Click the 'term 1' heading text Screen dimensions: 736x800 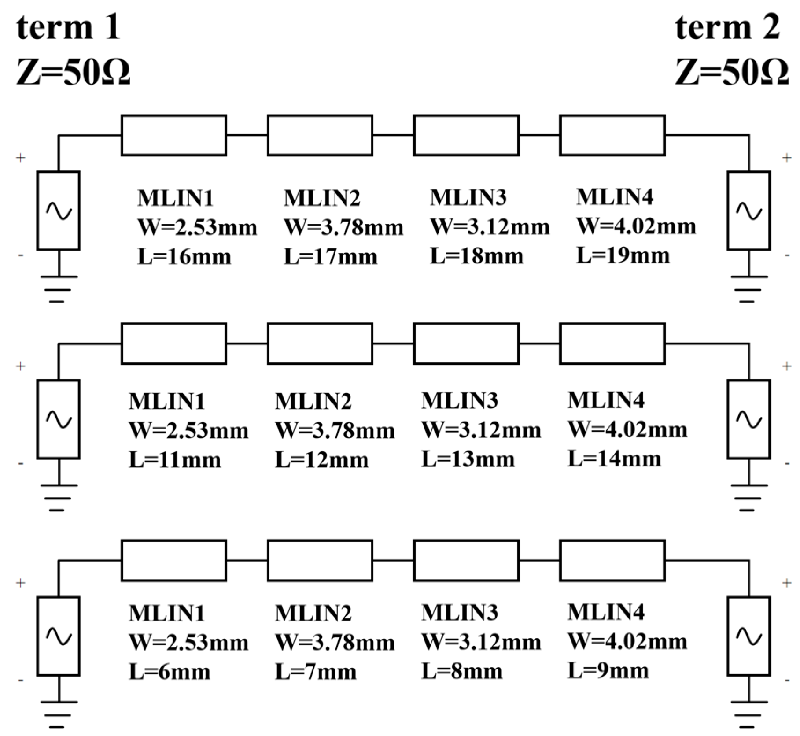click(x=68, y=27)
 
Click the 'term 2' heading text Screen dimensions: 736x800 click(x=727, y=27)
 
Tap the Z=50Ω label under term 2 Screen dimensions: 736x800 click(x=731, y=72)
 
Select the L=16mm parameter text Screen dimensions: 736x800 click(x=184, y=256)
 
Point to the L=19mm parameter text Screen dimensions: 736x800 click(x=623, y=255)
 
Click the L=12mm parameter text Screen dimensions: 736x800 click(x=322, y=460)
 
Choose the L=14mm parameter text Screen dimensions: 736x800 click(x=614, y=459)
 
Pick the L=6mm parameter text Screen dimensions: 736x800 click(x=170, y=672)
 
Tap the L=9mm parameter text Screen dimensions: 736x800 click(x=608, y=671)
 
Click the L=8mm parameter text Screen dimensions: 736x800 click(x=462, y=672)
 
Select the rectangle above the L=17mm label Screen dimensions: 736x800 click(x=320, y=135)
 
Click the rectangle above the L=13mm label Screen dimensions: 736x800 click(x=466, y=344)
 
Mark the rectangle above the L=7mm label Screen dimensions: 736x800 click(x=320, y=560)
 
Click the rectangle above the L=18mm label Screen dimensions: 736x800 click(x=466, y=135)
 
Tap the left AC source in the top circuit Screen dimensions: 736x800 click(x=59, y=211)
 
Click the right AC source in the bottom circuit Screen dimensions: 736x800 click(x=749, y=636)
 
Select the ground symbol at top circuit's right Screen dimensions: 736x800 click(x=749, y=289)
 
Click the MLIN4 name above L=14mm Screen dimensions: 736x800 click(x=606, y=400)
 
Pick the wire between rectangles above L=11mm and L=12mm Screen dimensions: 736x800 click(x=247, y=344)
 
